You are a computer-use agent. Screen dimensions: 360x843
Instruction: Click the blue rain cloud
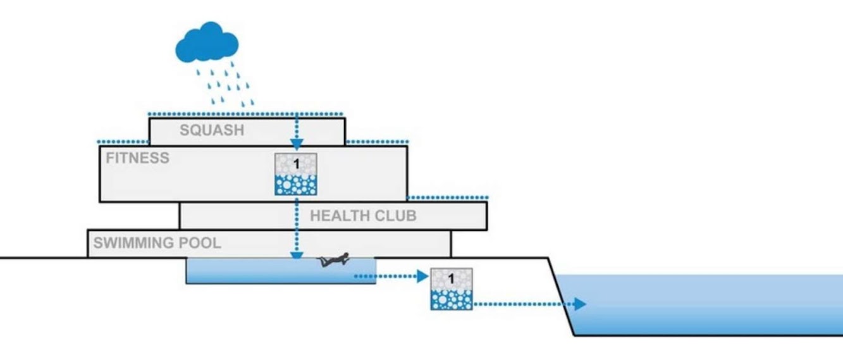pos(207,43)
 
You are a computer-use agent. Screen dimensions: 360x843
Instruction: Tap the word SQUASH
pos(211,131)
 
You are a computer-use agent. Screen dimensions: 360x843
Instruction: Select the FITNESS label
pos(137,158)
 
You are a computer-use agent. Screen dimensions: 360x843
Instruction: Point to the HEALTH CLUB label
pos(363,216)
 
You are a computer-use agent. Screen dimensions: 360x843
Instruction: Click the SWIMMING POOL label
pos(157,243)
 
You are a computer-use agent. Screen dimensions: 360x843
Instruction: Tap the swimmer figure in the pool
pos(334,259)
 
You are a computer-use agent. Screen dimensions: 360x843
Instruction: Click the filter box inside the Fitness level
pos(295,174)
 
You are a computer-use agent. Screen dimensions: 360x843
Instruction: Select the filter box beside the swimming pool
pos(452,289)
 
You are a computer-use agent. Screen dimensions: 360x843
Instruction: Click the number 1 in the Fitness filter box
pos(295,164)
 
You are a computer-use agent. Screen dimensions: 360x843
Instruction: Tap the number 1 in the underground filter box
pos(452,278)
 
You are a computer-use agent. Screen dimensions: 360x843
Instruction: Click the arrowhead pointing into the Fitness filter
pos(296,146)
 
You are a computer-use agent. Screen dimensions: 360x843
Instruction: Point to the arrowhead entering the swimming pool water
pos(296,256)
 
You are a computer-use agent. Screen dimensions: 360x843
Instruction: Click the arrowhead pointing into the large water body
pos(579,304)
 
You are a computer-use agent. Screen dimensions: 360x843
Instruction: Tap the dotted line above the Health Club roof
pos(448,197)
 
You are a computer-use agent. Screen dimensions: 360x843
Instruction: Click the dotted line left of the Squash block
pos(123,142)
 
